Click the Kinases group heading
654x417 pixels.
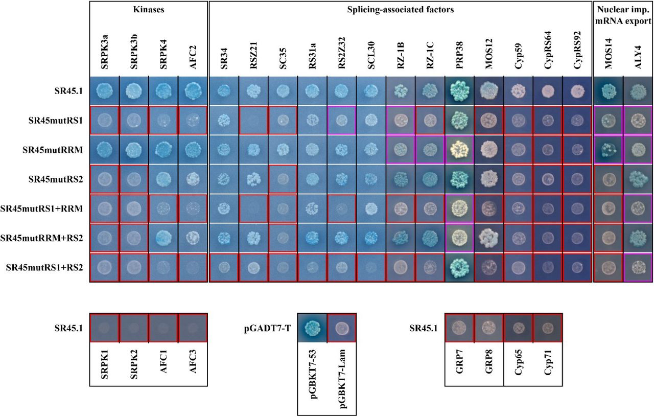pos(148,9)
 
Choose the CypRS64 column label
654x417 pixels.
pos(548,51)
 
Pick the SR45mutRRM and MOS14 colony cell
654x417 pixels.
pos(607,150)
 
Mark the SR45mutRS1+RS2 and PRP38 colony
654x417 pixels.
pos(459,268)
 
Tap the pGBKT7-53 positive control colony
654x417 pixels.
pos(312,327)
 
